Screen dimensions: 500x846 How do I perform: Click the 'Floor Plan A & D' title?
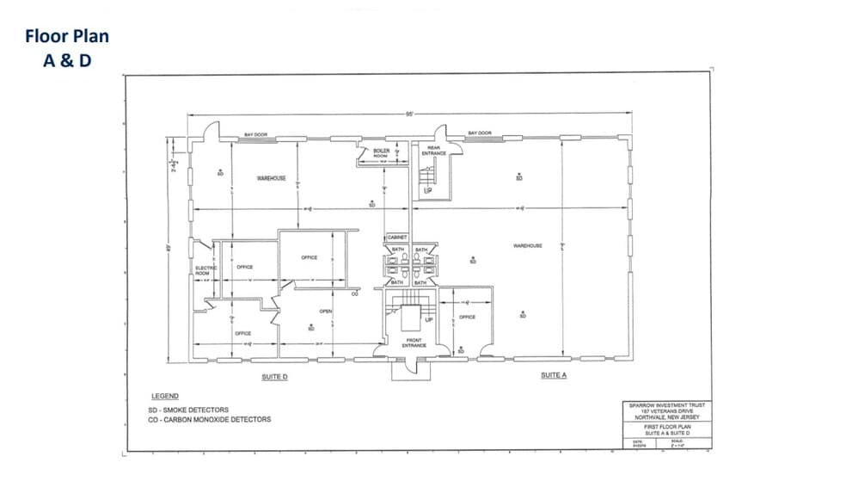[67, 48]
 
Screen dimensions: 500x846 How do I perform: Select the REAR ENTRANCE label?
[433, 151]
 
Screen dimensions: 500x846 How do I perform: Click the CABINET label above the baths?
[396, 237]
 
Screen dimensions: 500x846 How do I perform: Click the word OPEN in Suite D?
[326, 311]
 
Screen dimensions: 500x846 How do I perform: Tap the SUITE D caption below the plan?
[274, 376]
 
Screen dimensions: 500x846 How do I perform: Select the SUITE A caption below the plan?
[554, 375]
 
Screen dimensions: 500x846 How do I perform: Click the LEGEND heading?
[165, 397]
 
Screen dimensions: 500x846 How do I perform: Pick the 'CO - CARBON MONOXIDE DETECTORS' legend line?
[210, 420]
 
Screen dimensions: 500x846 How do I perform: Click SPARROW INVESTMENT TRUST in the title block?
[666, 404]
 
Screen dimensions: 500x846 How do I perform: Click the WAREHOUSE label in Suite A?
[527, 246]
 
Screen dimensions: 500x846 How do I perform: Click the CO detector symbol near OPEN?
[354, 293]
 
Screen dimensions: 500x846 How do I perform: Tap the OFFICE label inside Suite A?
[467, 318]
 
